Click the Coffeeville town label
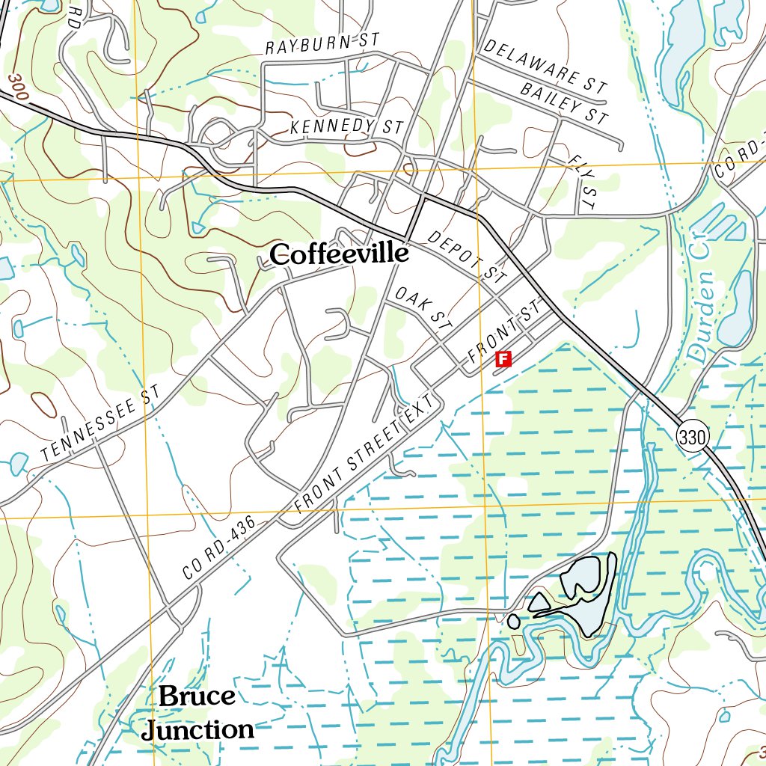tap(340, 254)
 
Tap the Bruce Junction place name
tap(197, 712)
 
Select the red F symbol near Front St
tap(503, 359)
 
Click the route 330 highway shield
tap(693, 438)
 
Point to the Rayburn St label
tap(323, 44)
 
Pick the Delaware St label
tap(545, 66)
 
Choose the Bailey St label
tap(564, 103)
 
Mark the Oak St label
tap(424, 310)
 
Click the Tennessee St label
tap(101, 424)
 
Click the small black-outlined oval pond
tap(513, 621)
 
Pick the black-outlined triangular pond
tap(539, 603)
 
